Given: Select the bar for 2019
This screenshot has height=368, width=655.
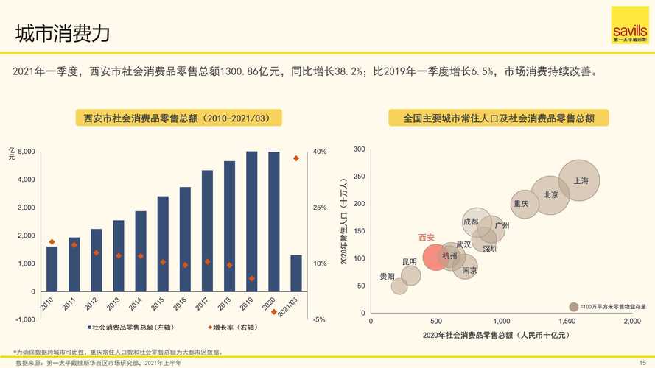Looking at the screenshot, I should (251, 221).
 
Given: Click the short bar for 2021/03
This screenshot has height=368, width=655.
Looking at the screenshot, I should (296, 273).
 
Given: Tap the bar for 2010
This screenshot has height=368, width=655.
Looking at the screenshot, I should (52, 269).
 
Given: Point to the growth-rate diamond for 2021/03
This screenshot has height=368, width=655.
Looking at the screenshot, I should (296, 158).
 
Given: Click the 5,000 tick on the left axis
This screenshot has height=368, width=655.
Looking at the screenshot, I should (25, 152).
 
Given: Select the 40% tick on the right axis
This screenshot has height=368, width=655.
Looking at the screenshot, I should (320, 152).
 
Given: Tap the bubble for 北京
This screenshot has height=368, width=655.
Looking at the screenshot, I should (550, 195).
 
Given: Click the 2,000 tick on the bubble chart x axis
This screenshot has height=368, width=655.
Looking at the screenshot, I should (631, 322).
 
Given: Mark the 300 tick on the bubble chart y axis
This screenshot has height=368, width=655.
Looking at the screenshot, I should (360, 149).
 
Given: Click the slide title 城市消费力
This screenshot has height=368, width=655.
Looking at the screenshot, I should (63, 34).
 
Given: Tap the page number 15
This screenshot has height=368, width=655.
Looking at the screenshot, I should (642, 362).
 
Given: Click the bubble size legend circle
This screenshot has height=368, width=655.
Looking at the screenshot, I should (573, 306).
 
